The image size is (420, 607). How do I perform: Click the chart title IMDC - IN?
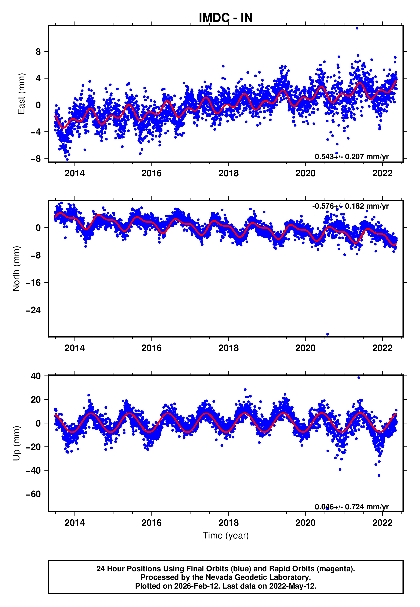226,18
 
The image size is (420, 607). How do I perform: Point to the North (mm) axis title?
16,269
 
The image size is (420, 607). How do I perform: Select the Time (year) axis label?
226,535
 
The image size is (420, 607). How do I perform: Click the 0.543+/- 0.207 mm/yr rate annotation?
351,157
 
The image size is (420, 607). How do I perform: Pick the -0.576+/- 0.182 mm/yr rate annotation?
350,206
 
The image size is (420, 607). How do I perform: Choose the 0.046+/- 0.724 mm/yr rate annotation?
351,507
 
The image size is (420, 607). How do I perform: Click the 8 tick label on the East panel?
38,52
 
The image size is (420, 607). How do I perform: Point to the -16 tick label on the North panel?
33,283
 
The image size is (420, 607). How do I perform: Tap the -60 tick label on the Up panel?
33,494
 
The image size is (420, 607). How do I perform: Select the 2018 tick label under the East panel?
228,173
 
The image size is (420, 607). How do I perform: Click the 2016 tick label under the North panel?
152,348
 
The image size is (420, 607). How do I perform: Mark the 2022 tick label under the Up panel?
382,523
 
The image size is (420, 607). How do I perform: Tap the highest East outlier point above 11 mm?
357,28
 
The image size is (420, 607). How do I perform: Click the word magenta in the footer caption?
334,569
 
